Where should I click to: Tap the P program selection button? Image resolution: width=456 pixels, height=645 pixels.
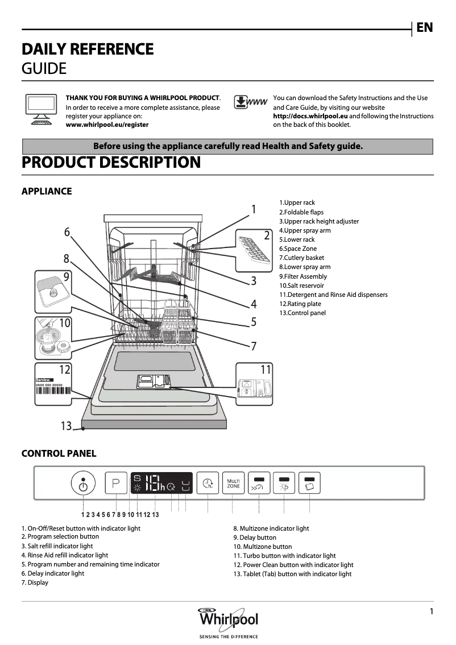click(x=116, y=484)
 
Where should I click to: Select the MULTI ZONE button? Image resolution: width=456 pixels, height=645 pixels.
click(x=233, y=483)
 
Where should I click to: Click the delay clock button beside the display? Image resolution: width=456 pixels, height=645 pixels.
click(x=208, y=484)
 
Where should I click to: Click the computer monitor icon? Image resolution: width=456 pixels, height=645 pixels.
click(x=40, y=109)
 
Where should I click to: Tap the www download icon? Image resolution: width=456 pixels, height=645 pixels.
click(x=250, y=102)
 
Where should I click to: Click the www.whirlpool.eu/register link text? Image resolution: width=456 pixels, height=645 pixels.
click(x=107, y=125)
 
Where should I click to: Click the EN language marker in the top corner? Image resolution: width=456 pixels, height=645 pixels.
click(x=424, y=27)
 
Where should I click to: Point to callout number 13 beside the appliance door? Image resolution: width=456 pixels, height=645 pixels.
click(x=67, y=425)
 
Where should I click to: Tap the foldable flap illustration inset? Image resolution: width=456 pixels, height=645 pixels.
click(x=254, y=250)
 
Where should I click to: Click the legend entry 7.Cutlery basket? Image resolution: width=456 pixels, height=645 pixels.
click(x=301, y=258)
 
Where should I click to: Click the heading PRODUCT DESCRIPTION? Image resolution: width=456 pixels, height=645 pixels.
click(x=111, y=163)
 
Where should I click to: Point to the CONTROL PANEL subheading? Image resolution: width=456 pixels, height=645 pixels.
click(x=59, y=453)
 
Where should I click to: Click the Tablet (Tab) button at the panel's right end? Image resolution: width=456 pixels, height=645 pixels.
click(x=310, y=483)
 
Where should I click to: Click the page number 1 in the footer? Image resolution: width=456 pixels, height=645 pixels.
click(x=432, y=611)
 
